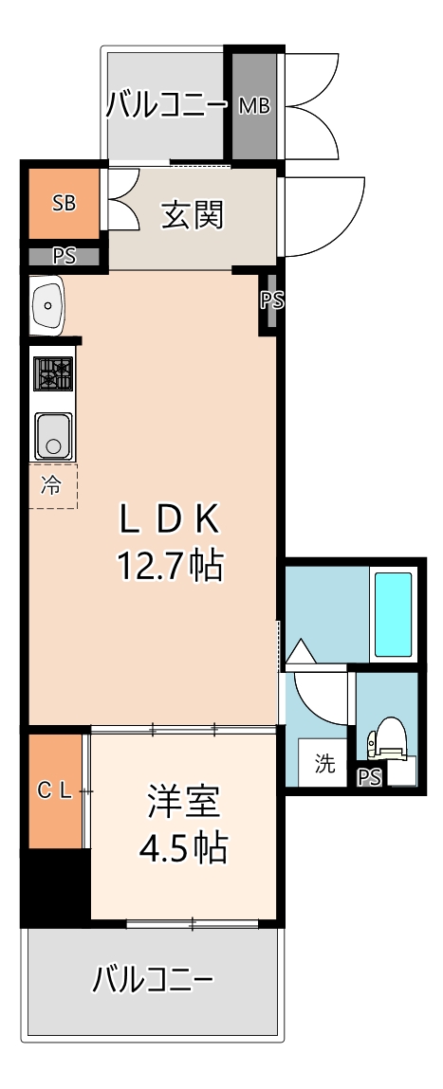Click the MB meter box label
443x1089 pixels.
254,106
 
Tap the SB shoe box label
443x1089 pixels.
64,202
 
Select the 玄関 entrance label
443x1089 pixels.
193,215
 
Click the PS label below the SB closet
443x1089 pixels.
64,255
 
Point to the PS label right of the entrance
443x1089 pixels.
271,301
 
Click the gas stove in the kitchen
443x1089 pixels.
54,374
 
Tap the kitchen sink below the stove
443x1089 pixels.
53,436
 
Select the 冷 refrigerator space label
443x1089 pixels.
51,486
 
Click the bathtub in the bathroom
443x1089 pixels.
392,613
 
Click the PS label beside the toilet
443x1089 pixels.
370,777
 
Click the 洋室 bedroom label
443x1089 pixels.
184,802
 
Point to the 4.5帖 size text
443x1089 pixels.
184,846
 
